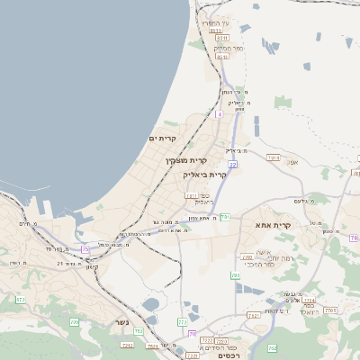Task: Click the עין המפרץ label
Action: (217, 22)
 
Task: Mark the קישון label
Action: (92, 265)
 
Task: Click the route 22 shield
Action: (232, 165)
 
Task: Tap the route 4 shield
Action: (219, 114)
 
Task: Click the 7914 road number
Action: (274, 157)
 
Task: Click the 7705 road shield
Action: (332, 309)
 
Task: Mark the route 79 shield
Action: (355, 238)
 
